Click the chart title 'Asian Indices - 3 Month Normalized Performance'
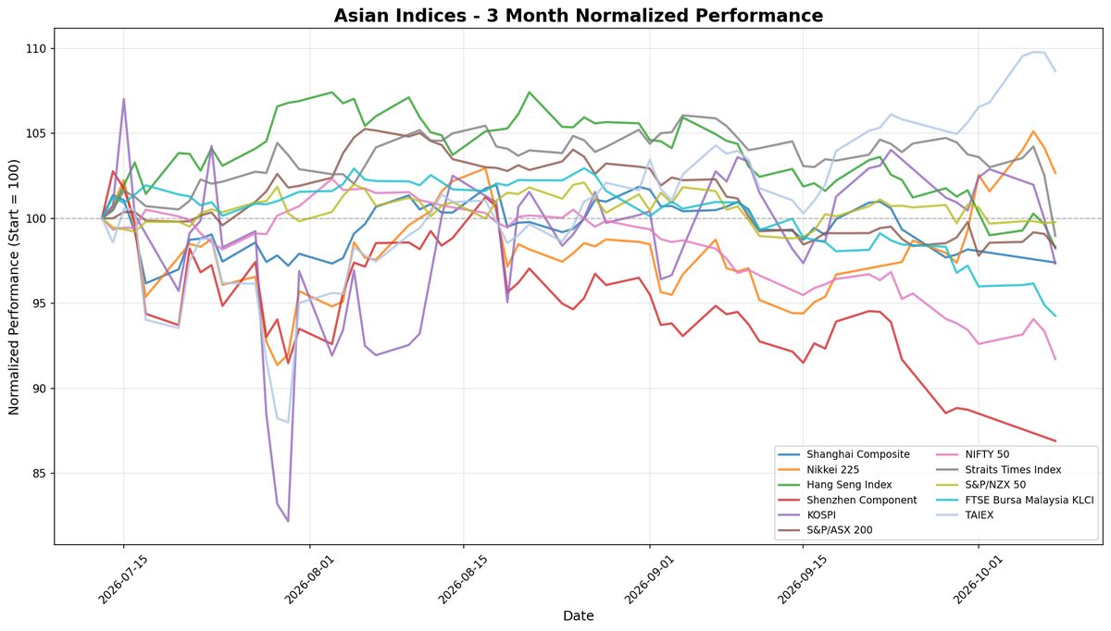tap(579, 16)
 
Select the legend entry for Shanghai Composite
tap(857, 454)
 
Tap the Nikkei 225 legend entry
tap(832, 469)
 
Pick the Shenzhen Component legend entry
tap(862, 500)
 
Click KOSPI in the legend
tap(821, 515)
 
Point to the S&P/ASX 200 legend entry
tap(839, 530)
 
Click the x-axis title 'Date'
tap(579, 615)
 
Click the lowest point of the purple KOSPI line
tap(288, 522)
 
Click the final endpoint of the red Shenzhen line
tap(1055, 440)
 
